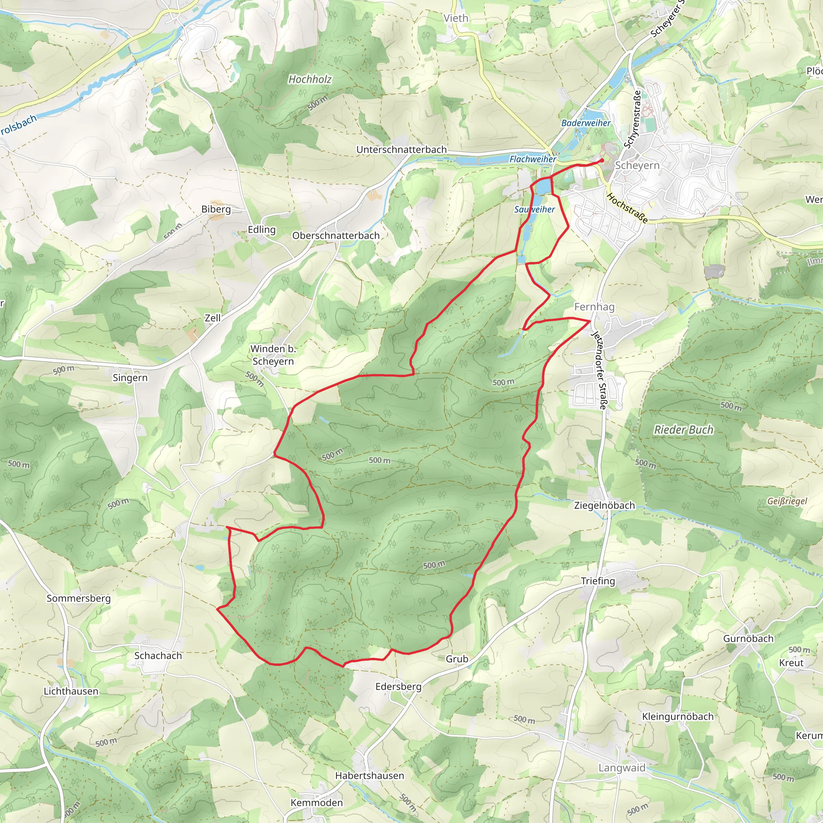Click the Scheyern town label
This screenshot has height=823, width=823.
pyautogui.click(x=637, y=165)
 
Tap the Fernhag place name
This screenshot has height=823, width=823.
pyautogui.click(x=594, y=307)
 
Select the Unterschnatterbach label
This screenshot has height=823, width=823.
pyautogui.click(x=401, y=149)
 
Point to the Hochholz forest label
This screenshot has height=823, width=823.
pyautogui.click(x=310, y=79)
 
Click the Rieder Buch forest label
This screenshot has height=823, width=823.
pyautogui.click(x=683, y=430)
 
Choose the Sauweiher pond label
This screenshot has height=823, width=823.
pyautogui.click(x=534, y=210)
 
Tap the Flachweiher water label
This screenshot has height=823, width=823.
pyautogui.click(x=532, y=159)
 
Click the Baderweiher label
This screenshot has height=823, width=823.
pyautogui.click(x=586, y=123)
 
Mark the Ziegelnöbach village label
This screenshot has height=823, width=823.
pyautogui.click(x=604, y=505)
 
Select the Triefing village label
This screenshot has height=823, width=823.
pyautogui.click(x=598, y=581)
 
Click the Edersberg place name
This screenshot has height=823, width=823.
pyautogui.click(x=398, y=686)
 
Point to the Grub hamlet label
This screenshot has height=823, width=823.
pyautogui.click(x=457, y=659)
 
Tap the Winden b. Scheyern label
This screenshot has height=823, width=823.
pyautogui.click(x=273, y=355)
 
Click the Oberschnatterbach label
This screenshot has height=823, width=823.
pyautogui.click(x=336, y=235)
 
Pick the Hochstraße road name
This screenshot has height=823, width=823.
pyautogui.click(x=626, y=208)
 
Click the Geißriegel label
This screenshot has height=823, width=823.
pyautogui.click(x=787, y=501)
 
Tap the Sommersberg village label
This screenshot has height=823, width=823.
pyautogui.click(x=78, y=598)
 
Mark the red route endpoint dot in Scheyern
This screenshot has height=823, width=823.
pyautogui.click(x=602, y=160)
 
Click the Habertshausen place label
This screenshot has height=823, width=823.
pyautogui.click(x=369, y=775)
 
